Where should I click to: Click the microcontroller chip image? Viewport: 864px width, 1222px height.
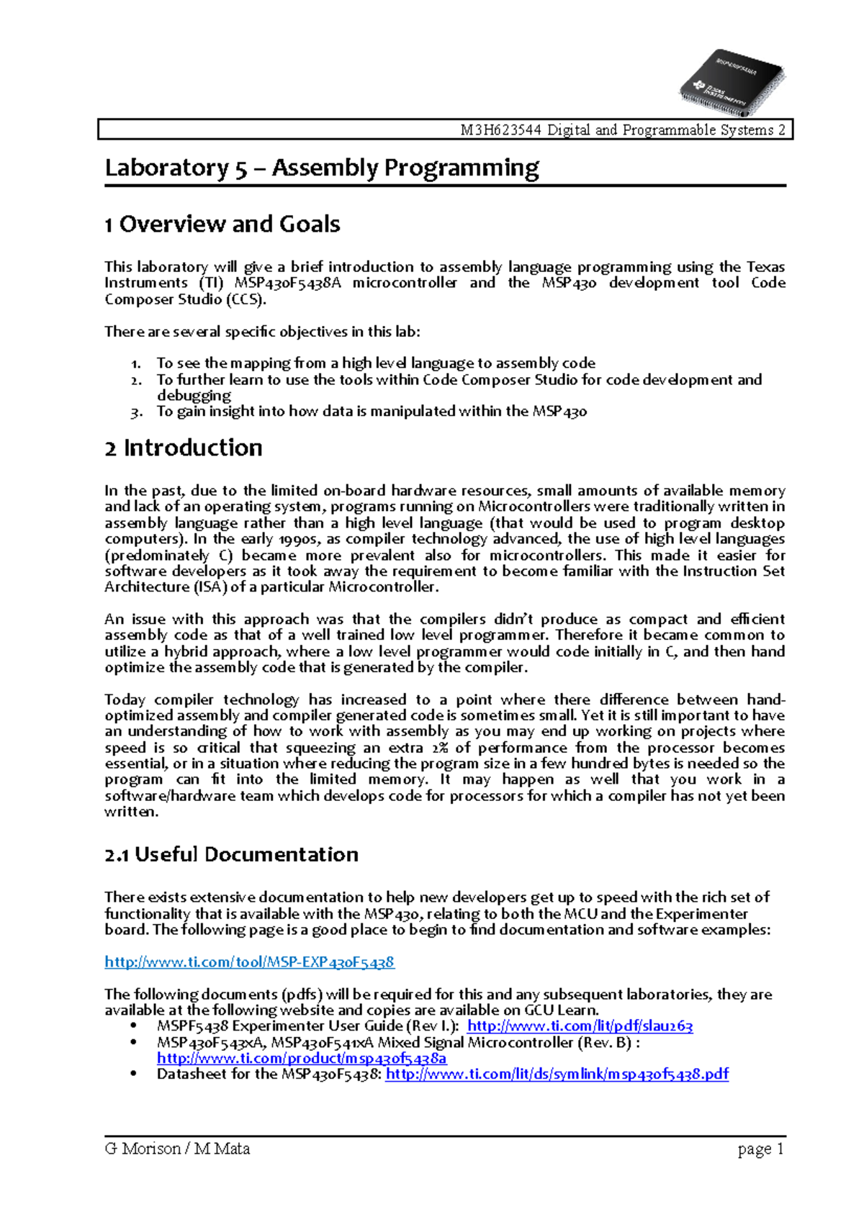coord(731,81)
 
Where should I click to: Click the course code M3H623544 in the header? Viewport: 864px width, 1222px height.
coord(501,130)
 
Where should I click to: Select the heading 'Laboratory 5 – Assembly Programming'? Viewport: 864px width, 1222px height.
coord(322,168)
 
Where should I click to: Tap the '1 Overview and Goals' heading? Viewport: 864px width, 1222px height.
coord(222,224)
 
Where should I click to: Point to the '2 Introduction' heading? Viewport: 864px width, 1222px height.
coord(184,448)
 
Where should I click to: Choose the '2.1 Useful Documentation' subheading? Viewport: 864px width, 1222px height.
coord(231,854)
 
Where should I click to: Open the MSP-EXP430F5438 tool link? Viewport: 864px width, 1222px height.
coord(249,961)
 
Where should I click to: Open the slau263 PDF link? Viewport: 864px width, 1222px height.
coord(580,1026)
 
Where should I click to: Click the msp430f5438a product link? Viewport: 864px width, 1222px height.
coord(302,1058)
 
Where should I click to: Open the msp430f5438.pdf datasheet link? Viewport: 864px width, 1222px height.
coord(557,1074)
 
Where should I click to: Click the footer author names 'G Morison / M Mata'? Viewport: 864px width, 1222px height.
coord(177,1149)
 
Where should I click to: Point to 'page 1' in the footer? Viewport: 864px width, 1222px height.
coord(760,1149)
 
